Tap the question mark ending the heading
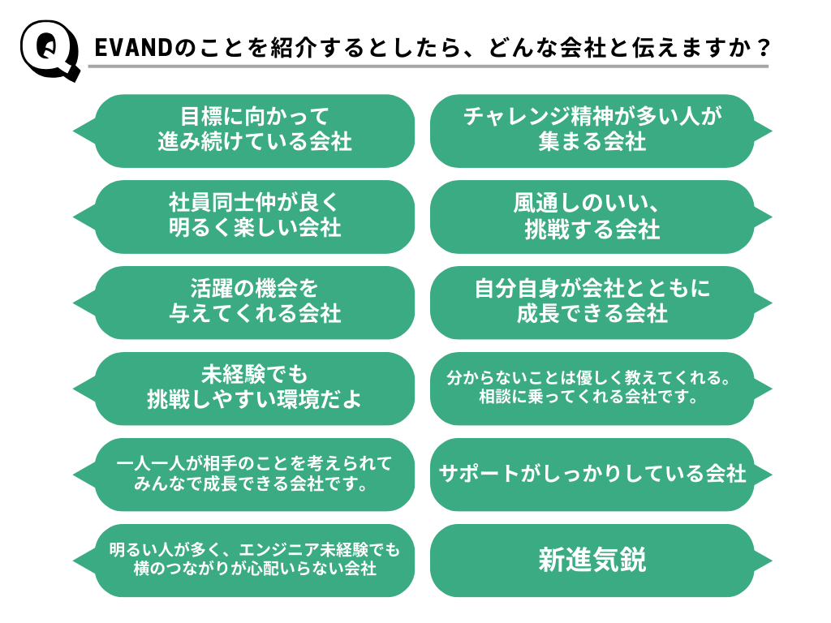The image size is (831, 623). (760, 48)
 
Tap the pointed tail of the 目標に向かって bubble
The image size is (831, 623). (82, 131)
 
